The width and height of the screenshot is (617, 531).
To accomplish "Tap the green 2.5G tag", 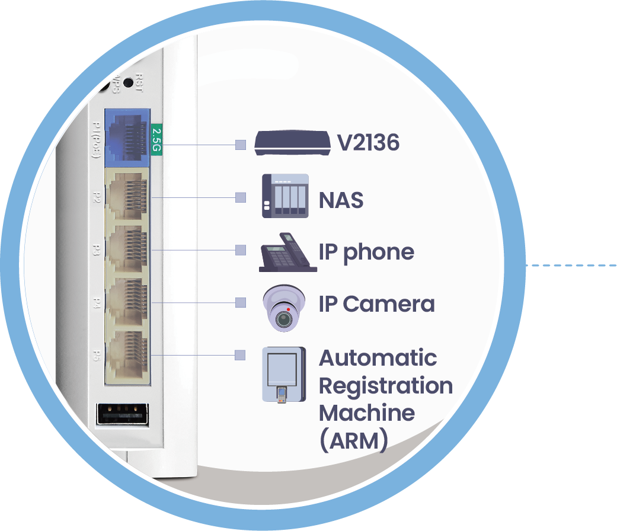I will (156, 140).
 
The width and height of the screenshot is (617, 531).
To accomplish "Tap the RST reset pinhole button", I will (127, 82).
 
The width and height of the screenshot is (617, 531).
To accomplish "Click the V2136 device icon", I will (292, 143).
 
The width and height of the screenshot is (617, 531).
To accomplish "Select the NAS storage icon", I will (285, 196).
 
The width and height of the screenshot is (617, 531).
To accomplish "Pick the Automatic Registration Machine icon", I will (284, 375).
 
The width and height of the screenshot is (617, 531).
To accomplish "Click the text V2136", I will (367, 143).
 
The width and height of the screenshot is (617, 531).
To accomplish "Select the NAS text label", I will (341, 200).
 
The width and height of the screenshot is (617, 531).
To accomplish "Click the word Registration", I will (386, 386).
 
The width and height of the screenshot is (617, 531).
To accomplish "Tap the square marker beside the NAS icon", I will (240, 197).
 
